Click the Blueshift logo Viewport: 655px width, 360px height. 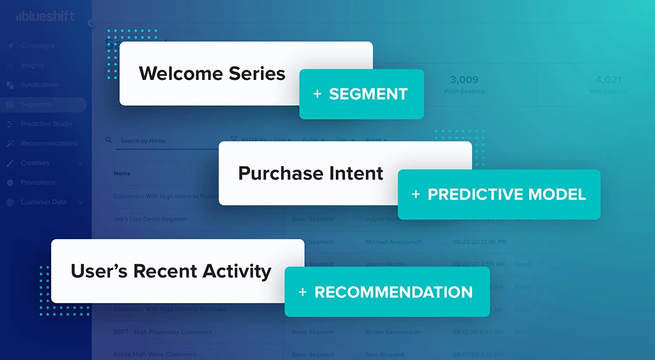pyautogui.click(x=45, y=17)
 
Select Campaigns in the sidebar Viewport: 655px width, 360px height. pyautogui.click(x=37, y=46)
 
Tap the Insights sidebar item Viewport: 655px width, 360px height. pyautogui.click(x=32, y=65)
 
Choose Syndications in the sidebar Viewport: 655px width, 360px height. pyautogui.click(x=40, y=85)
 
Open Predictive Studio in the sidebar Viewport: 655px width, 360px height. pyautogui.click(x=46, y=124)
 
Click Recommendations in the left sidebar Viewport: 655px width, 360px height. pyautogui.click(x=49, y=144)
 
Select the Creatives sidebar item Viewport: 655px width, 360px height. pyautogui.click(x=35, y=163)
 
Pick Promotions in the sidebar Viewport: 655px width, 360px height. pyautogui.click(x=38, y=183)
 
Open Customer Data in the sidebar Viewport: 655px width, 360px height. pyautogui.click(x=43, y=202)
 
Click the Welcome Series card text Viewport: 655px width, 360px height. pyautogui.click(x=212, y=74)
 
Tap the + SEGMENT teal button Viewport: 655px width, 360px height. pyautogui.click(x=361, y=95)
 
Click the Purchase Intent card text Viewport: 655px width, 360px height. pyautogui.click(x=310, y=173)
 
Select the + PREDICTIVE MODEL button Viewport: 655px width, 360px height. pyautogui.click(x=499, y=194)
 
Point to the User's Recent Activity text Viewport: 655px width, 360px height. pyautogui.click(x=171, y=271)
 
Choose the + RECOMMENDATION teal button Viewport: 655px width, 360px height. pyautogui.click(x=386, y=292)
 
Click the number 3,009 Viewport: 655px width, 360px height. pyautogui.click(x=464, y=80)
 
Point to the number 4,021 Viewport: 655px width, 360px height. pyautogui.click(x=608, y=80)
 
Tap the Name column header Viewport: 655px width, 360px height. pyautogui.click(x=122, y=173)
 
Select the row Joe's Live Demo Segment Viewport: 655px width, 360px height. pyautogui.click(x=150, y=219)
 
